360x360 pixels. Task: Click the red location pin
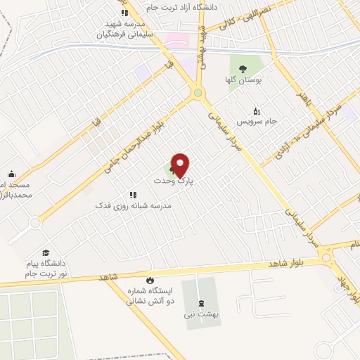pyautogui.click(x=181, y=165)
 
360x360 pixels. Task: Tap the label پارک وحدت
pyautogui.click(x=174, y=181)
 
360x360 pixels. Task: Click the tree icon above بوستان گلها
pyautogui.click(x=243, y=70)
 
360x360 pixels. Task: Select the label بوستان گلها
pyautogui.click(x=243, y=81)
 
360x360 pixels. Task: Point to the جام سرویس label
pyautogui.click(x=257, y=122)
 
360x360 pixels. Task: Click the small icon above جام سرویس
pyautogui.click(x=257, y=111)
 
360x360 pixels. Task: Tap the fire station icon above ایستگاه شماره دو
pyautogui.click(x=149, y=280)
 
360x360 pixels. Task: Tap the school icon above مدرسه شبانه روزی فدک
pyautogui.click(x=132, y=195)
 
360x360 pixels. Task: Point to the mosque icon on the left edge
pyautogui.click(x=11, y=174)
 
